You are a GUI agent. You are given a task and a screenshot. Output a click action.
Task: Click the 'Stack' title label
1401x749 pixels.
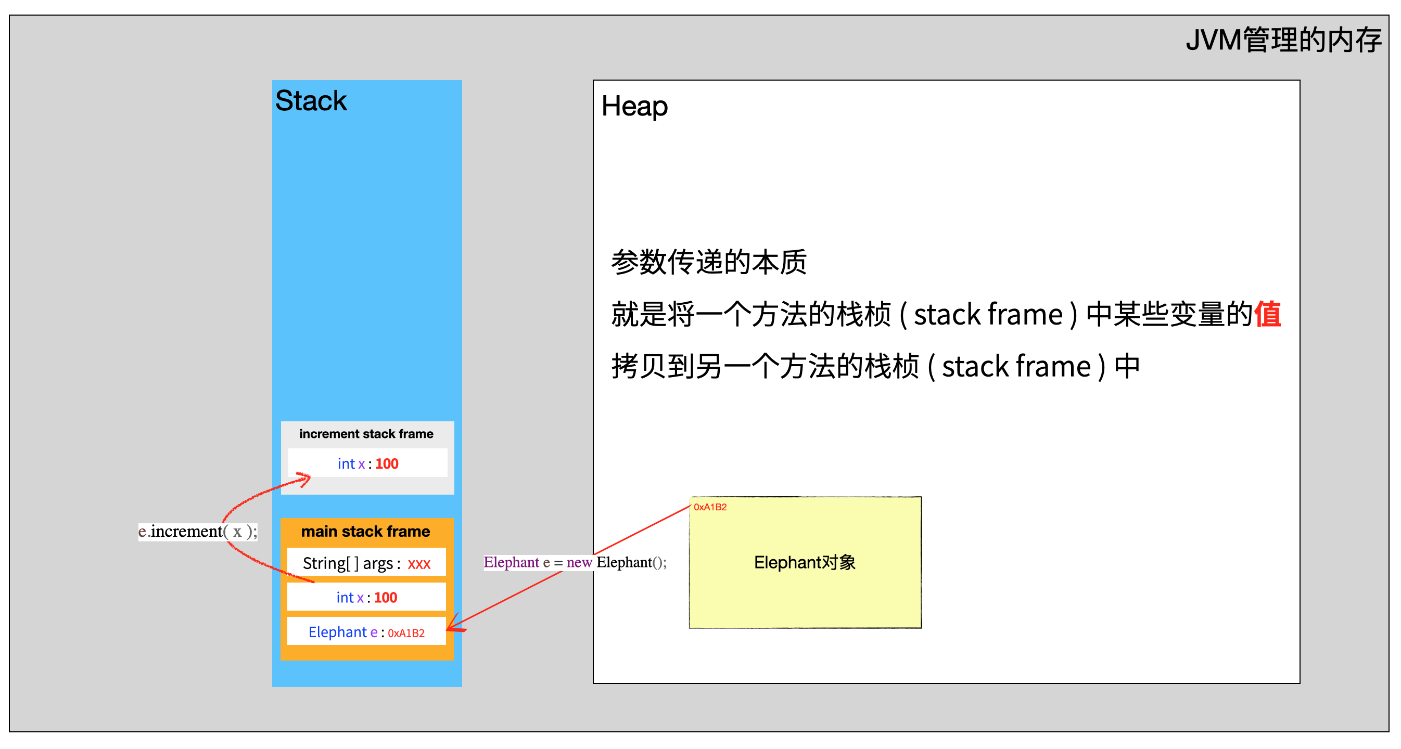coord(311,100)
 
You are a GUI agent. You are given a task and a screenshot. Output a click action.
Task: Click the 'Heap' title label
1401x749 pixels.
coord(634,106)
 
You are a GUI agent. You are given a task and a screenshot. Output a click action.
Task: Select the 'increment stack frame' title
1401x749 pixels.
coord(366,434)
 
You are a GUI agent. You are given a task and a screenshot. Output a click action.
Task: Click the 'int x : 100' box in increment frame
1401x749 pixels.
coord(367,463)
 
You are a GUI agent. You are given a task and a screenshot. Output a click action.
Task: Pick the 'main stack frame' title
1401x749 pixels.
coord(365,531)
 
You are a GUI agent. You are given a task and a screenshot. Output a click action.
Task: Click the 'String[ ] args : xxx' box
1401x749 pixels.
coord(366,563)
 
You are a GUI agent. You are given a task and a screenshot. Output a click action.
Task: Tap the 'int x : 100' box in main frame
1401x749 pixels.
coord(366,597)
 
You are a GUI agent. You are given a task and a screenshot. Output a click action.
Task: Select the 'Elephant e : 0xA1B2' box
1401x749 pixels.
coord(366,632)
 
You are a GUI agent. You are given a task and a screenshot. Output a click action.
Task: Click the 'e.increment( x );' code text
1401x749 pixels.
coord(197,531)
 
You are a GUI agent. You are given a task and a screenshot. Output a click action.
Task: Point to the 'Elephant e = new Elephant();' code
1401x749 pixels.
coord(575,562)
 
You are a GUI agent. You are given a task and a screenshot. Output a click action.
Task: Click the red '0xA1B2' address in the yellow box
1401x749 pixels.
coord(710,507)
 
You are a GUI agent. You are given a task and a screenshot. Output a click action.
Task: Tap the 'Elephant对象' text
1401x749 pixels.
coord(805,563)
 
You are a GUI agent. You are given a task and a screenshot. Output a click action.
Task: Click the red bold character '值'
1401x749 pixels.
coord(1267,314)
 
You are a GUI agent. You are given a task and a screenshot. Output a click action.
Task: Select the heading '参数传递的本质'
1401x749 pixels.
coord(708,262)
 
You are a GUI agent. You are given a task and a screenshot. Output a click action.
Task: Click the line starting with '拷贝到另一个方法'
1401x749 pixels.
coord(875,366)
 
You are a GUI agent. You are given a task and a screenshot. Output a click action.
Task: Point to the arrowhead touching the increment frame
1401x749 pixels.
coord(305,479)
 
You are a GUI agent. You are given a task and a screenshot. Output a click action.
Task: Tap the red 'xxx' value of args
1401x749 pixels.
coord(419,564)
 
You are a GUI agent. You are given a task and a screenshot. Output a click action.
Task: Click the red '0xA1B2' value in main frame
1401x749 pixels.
coord(406,633)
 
